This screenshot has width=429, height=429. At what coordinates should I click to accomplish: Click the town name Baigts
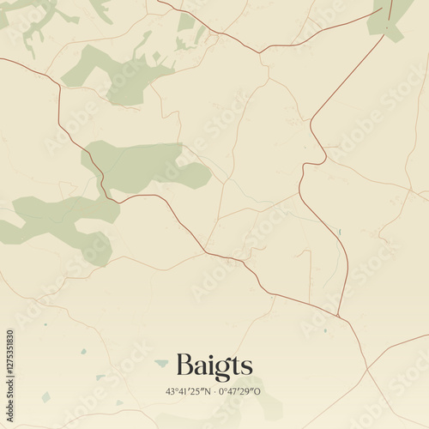click(x=214, y=366)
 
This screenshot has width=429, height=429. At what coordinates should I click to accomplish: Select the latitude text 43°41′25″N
click(x=189, y=391)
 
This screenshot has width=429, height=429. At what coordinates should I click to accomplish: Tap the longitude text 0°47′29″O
click(x=239, y=391)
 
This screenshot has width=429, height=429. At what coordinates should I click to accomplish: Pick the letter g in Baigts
click(x=217, y=369)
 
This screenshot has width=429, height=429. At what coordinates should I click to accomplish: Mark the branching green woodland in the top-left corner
click(x=39, y=21)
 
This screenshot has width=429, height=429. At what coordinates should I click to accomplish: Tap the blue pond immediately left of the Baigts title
click(x=161, y=364)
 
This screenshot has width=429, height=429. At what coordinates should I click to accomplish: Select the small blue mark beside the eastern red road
click(x=340, y=232)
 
